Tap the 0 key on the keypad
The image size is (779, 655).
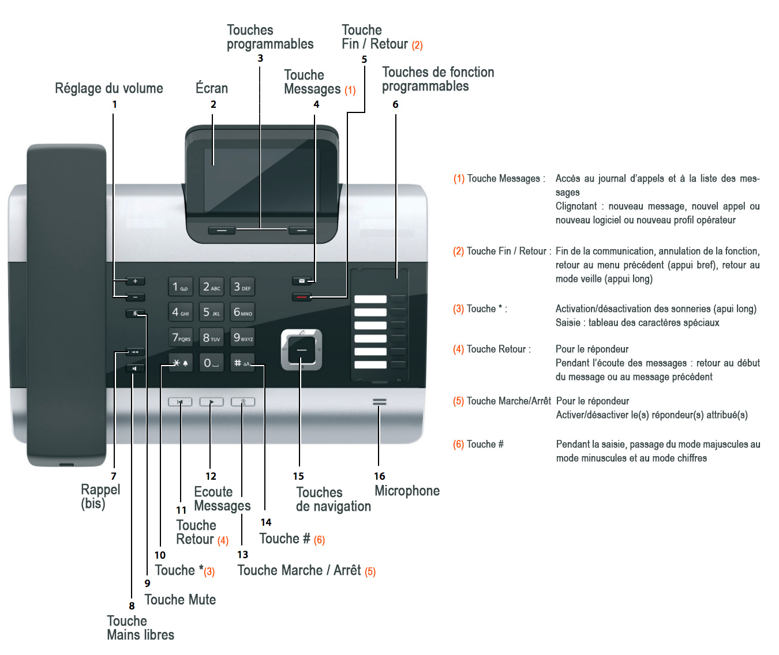coord(211,363)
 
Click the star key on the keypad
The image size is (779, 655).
coord(180,363)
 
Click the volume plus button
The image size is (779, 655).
coord(135,281)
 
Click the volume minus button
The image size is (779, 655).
coord(135,298)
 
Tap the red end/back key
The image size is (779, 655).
coord(301,298)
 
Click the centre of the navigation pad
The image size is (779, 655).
coord(301,350)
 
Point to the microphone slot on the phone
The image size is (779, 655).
coord(379,402)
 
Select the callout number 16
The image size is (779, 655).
coord(379,476)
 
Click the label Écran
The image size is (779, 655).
coord(212,88)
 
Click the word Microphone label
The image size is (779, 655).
coord(407,491)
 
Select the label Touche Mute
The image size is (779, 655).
coord(180,600)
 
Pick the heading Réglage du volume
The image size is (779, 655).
coord(109,88)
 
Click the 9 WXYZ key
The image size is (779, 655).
coord(243,337)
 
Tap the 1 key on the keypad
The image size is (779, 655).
coord(180,287)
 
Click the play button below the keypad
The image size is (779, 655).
coord(211,402)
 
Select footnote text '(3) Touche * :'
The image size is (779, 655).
coord(480,309)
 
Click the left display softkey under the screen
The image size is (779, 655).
coord(222,230)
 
